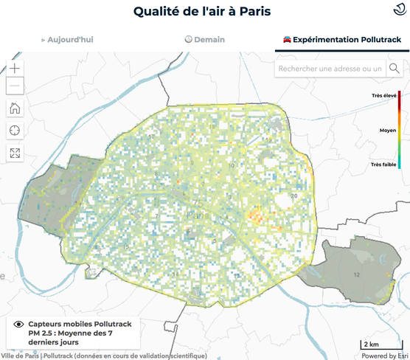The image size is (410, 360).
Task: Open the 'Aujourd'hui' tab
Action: (x=69, y=40)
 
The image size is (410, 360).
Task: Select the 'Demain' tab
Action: (x=205, y=40)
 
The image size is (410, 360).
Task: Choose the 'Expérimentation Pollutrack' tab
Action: (x=342, y=40)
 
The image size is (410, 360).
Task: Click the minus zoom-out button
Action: (x=15, y=86)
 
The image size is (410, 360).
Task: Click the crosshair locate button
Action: (x=15, y=131)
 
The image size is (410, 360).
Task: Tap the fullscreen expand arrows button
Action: (x=15, y=153)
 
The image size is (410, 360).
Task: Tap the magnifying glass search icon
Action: (x=395, y=69)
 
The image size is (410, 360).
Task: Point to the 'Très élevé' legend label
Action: (x=384, y=96)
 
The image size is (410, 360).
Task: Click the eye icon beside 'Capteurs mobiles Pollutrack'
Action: (x=18, y=325)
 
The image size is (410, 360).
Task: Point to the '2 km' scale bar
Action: (x=371, y=345)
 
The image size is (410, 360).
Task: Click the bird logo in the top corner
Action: (x=397, y=9)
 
